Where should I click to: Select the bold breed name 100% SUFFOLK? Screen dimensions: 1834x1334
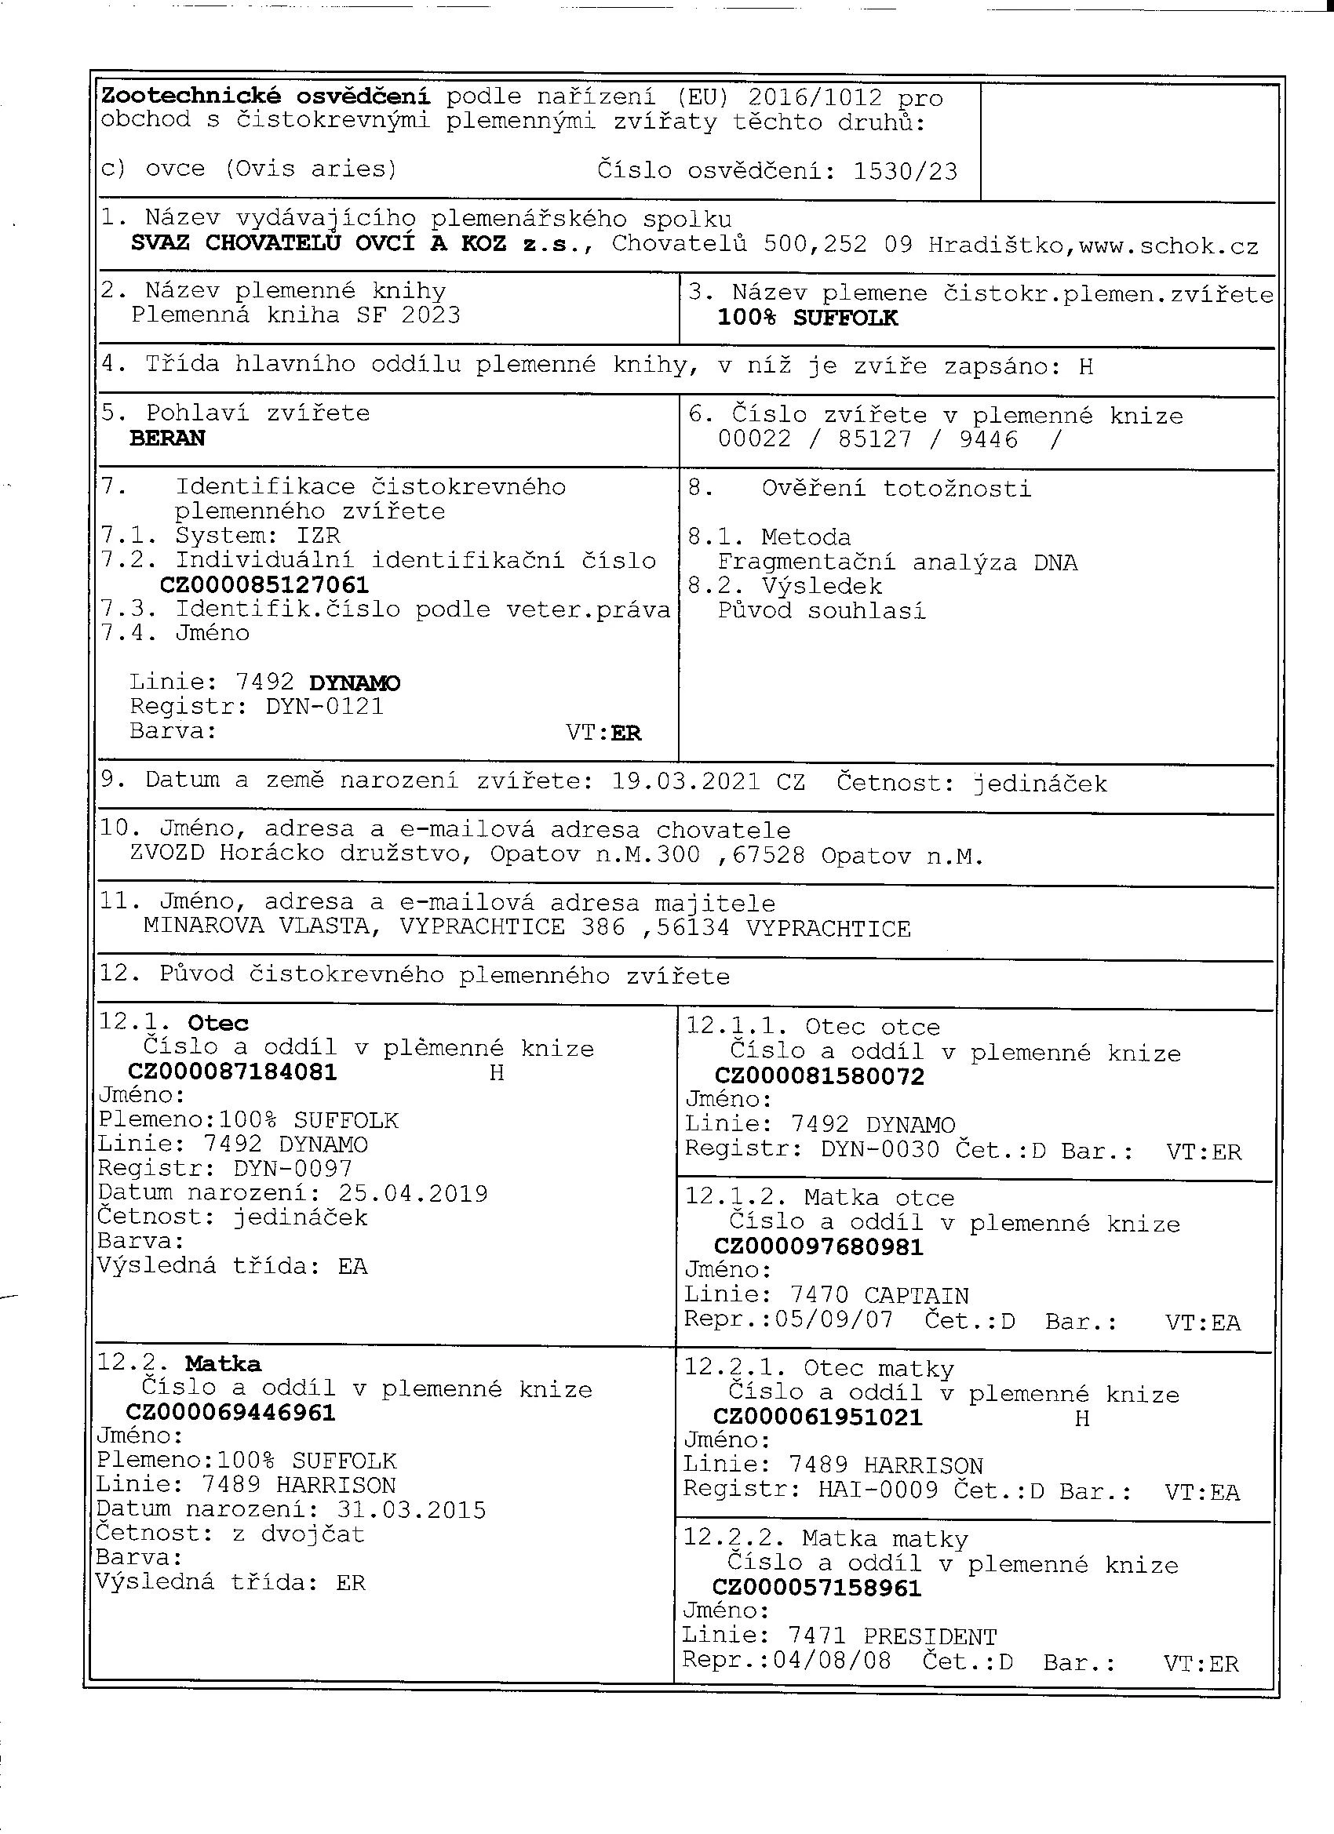[807, 318]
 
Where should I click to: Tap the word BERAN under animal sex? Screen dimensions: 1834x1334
[167, 438]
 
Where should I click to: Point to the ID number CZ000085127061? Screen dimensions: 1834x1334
[264, 584]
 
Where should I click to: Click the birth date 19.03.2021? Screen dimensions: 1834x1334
[686, 782]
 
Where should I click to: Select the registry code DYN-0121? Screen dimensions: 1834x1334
[323, 707]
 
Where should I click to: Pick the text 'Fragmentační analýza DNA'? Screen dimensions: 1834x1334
[897, 562]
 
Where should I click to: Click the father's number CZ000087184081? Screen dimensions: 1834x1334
[233, 1072]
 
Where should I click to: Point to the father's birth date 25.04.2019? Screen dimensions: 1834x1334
[413, 1194]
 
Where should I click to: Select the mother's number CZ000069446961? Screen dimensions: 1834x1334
[231, 1413]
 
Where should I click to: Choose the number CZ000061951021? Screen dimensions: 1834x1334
[817, 1417]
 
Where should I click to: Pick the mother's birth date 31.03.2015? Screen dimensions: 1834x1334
[411, 1510]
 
